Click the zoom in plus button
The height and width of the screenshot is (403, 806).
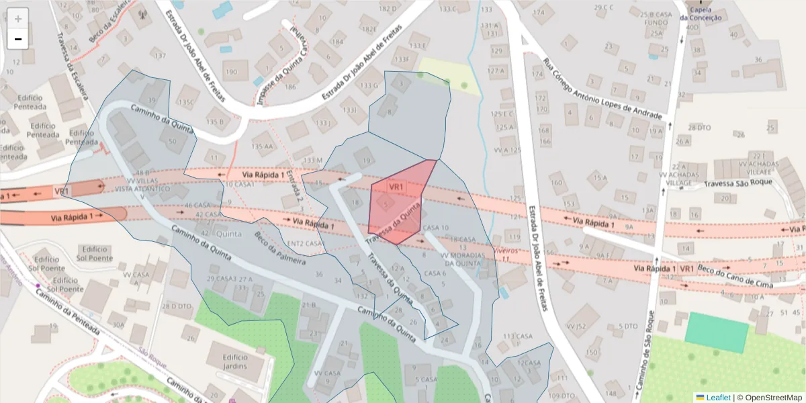18,18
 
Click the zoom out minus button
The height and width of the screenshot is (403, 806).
18,39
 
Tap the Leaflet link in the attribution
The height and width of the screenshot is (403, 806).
718,398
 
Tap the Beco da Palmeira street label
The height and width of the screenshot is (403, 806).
280,248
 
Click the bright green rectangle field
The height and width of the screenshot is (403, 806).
717,332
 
